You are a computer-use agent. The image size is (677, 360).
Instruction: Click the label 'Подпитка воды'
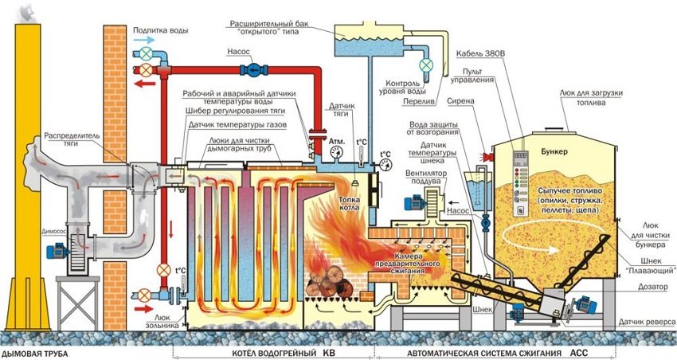[x=162, y=30]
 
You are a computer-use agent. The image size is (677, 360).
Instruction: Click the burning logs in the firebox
[x=328, y=283]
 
